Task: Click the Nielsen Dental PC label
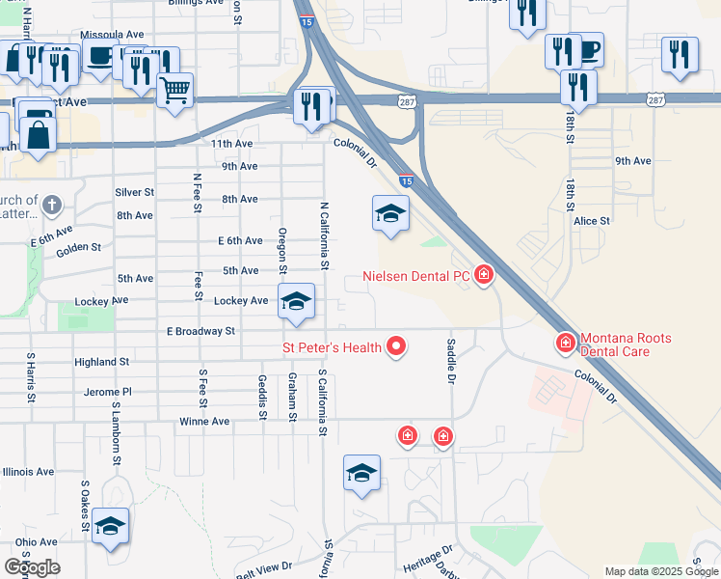(x=415, y=277)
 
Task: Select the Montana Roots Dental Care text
(x=627, y=345)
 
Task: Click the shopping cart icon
(x=174, y=92)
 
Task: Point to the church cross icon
(x=52, y=206)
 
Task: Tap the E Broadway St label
(x=200, y=331)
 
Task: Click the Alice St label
(x=592, y=221)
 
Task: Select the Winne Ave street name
(x=204, y=422)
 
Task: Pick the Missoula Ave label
(x=112, y=35)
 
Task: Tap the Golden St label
(x=78, y=249)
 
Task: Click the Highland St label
(x=102, y=362)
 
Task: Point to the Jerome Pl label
(x=107, y=393)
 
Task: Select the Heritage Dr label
(x=428, y=558)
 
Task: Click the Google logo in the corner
(x=32, y=567)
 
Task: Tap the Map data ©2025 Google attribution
(x=660, y=571)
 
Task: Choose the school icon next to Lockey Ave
(x=296, y=301)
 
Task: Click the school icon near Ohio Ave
(x=111, y=525)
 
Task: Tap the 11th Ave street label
(x=231, y=143)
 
